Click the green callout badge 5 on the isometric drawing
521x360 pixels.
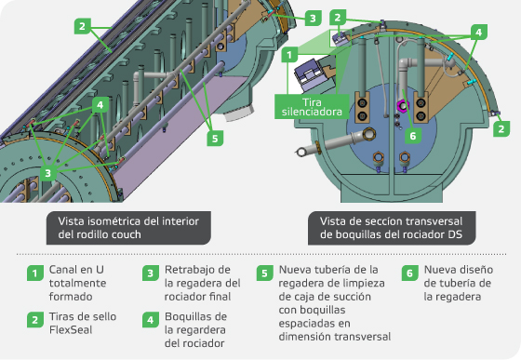click(215, 138)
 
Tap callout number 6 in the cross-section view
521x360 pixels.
click(413, 136)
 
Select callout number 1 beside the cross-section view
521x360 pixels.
click(289, 55)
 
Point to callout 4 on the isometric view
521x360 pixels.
click(100, 105)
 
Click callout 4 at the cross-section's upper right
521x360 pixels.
click(478, 33)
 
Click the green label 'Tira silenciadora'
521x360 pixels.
click(312, 107)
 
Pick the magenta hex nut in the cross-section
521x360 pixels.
click(403, 106)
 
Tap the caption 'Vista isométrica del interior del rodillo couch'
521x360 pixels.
click(128, 228)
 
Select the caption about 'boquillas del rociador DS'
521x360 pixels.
click(392, 228)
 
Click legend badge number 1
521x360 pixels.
click(35, 273)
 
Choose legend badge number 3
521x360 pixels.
click(150, 273)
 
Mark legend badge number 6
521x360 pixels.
click(409, 273)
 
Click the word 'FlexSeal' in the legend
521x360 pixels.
click(71, 330)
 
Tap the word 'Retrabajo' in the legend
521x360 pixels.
click(197, 270)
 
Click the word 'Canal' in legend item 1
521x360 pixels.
click(63, 270)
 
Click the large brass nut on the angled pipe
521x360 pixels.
click(369, 134)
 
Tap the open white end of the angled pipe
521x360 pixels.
click(301, 153)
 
